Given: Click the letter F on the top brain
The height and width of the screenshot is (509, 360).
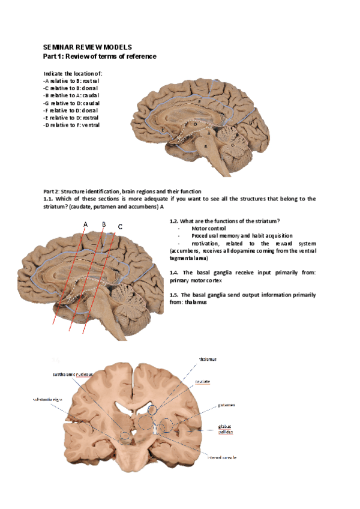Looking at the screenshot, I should click(x=199, y=103).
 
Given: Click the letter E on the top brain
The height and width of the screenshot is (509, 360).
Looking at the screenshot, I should click(x=163, y=129).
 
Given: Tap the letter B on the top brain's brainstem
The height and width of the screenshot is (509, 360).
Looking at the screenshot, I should click(x=206, y=146).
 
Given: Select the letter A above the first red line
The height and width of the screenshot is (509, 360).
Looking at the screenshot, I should click(x=86, y=224).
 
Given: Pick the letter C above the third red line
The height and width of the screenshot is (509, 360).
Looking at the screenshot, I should click(x=121, y=227).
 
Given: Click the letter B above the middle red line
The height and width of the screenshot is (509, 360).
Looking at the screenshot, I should click(x=104, y=224).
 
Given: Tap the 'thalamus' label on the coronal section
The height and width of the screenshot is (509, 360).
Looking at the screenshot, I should click(x=208, y=359).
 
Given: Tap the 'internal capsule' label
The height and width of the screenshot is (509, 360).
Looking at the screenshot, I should click(x=221, y=457).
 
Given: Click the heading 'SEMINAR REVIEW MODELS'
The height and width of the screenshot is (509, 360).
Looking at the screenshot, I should click(x=88, y=46).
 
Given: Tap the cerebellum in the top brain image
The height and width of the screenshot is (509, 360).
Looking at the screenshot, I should click(x=229, y=135).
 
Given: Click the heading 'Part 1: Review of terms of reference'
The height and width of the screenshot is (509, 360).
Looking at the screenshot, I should click(x=100, y=56).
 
